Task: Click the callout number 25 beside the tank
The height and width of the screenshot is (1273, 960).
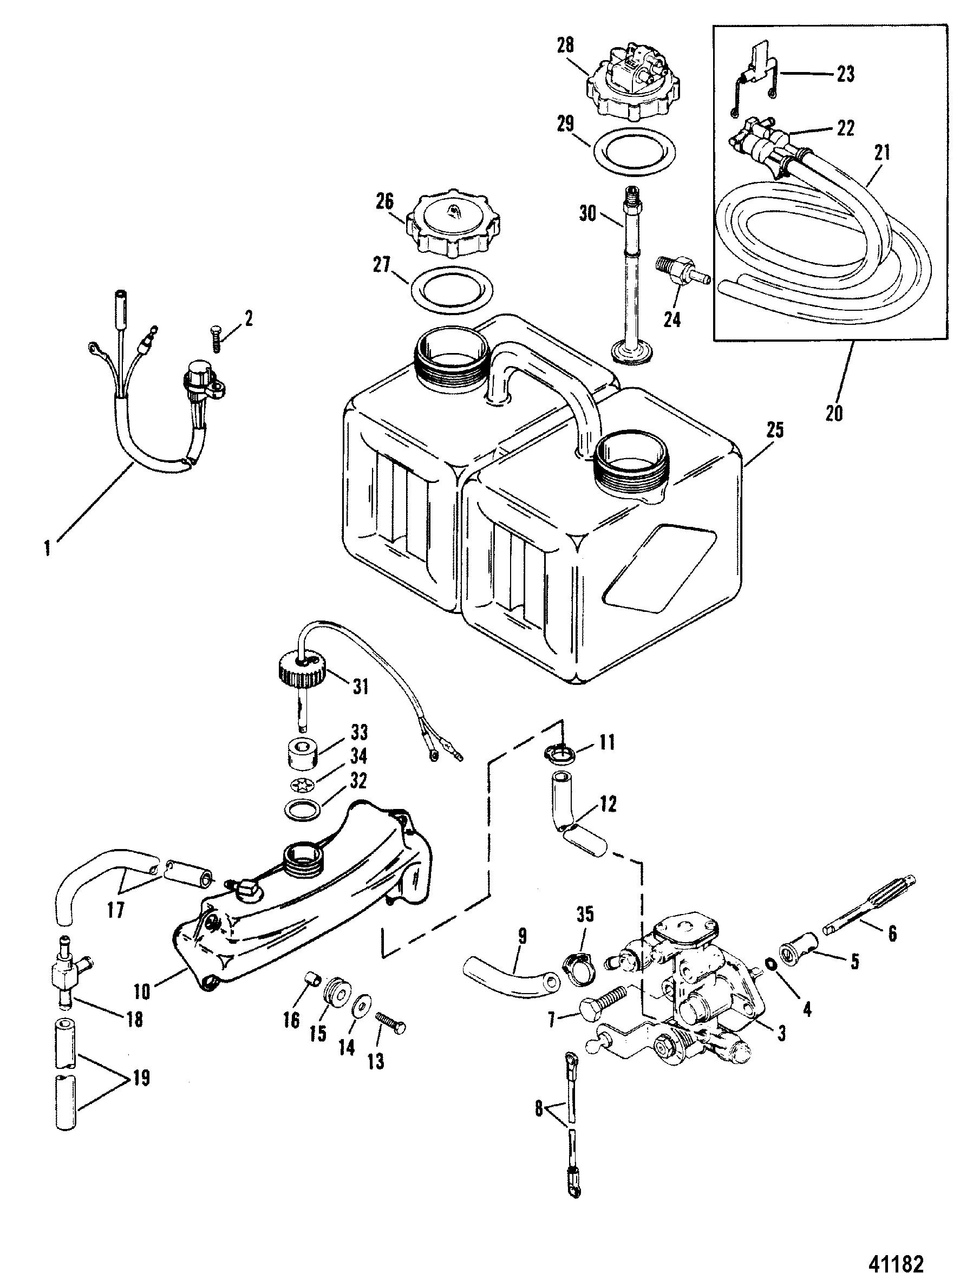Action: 775,430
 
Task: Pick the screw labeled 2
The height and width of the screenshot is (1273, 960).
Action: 213,337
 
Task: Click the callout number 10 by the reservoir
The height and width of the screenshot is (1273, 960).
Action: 142,991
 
